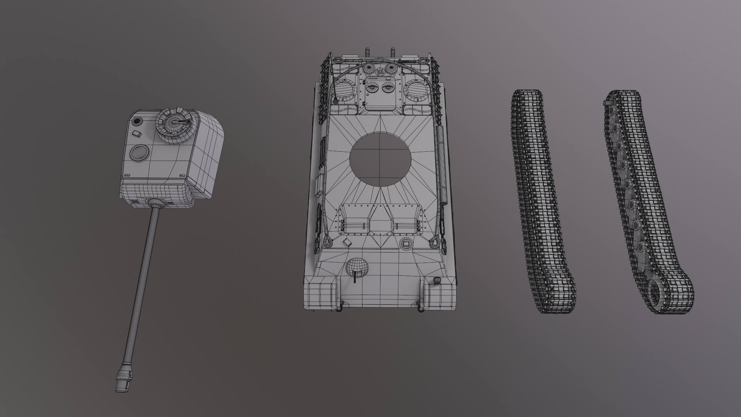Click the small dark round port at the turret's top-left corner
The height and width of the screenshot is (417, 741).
[x=136, y=122]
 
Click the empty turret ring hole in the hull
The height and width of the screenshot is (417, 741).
[x=380, y=159]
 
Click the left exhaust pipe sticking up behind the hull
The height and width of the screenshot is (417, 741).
[x=366, y=53]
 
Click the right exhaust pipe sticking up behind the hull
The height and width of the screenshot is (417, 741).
[x=392, y=53]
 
